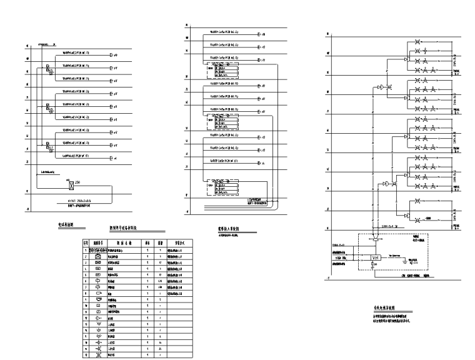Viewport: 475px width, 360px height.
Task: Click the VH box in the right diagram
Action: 377,257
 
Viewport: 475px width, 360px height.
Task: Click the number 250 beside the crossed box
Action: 77,181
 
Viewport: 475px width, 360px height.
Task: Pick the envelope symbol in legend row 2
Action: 98,256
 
